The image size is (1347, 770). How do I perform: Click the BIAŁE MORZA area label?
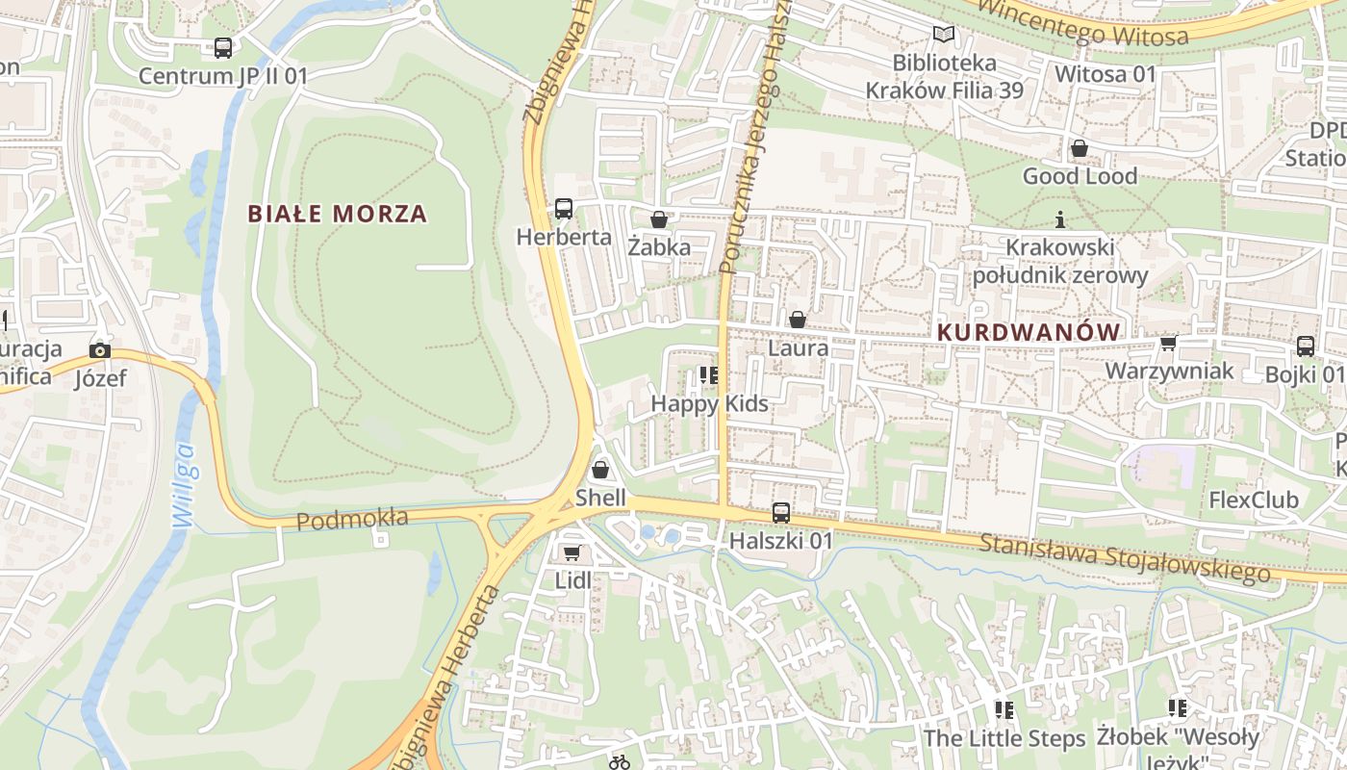click(x=338, y=214)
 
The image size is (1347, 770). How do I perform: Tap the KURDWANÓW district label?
click(x=1029, y=332)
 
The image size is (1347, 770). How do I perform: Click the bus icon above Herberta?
click(x=564, y=208)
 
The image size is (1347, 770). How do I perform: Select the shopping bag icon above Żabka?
click(x=659, y=219)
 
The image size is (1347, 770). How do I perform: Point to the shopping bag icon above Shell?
click(x=600, y=470)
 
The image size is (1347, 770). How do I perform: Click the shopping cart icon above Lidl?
click(x=572, y=552)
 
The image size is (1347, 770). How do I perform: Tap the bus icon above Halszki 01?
click(x=781, y=513)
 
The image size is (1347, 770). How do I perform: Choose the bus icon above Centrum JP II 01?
click(x=223, y=47)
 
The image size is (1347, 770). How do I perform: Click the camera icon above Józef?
click(x=100, y=350)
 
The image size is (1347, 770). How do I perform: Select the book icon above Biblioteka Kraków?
click(x=945, y=36)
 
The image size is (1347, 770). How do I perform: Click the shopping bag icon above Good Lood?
click(x=1080, y=148)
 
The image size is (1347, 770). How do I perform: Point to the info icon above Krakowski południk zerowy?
click(x=1060, y=219)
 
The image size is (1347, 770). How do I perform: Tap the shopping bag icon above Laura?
click(x=798, y=320)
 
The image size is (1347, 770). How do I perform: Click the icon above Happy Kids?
click(x=709, y=374)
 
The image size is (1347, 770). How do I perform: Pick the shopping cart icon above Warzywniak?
click(x=1169, y=343)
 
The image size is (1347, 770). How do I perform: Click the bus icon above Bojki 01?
click(x=1306, y=346)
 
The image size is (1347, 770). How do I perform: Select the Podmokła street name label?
click(x=352, y=519)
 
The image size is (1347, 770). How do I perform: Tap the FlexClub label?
click(x=1254, y=500)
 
